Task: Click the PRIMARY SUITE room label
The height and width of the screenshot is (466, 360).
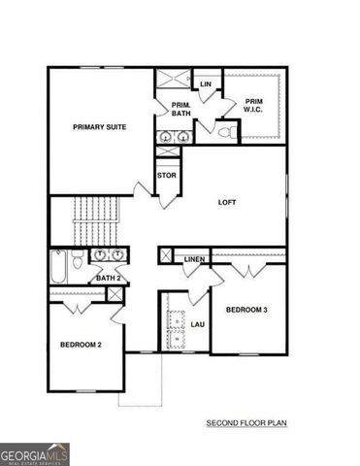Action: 102,127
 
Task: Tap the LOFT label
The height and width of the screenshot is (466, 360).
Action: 228,203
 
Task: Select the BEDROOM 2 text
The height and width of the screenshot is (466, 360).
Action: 82,345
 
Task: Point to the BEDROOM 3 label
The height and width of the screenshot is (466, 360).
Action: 247,310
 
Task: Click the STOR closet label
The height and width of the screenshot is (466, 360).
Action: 167,176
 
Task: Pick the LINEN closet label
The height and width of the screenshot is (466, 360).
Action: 194,259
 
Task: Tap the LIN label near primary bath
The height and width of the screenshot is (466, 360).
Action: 206,84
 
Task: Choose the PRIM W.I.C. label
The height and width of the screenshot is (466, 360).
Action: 254,107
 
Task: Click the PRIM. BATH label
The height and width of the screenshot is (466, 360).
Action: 180,110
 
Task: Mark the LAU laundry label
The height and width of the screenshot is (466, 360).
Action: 197,324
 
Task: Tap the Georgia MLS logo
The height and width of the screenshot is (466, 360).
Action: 35,453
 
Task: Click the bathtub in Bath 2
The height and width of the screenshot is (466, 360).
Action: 58,263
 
